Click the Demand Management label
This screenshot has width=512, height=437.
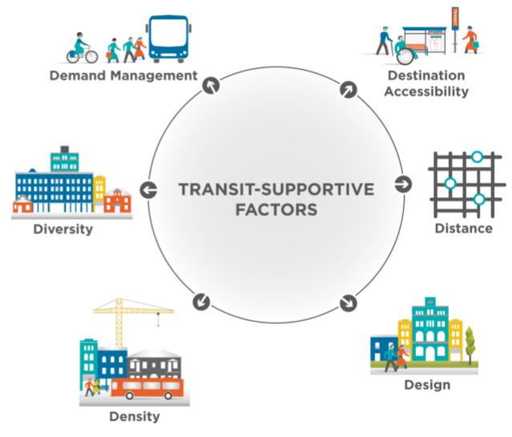(x=123, y=76)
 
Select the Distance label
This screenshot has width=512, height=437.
(x=463, y=229)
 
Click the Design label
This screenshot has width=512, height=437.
(x=426, y=385)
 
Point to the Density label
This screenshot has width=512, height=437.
(x=134, y=417)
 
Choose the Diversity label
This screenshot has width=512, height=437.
(x=62, y=229)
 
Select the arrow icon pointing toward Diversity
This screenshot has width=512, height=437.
(x=148, y=190)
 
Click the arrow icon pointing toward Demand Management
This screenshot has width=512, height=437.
(x=210, y=84)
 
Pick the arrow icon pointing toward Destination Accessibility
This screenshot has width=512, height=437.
(x=348, y=89)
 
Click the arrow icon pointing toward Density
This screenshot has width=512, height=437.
(x=201, y=301)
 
